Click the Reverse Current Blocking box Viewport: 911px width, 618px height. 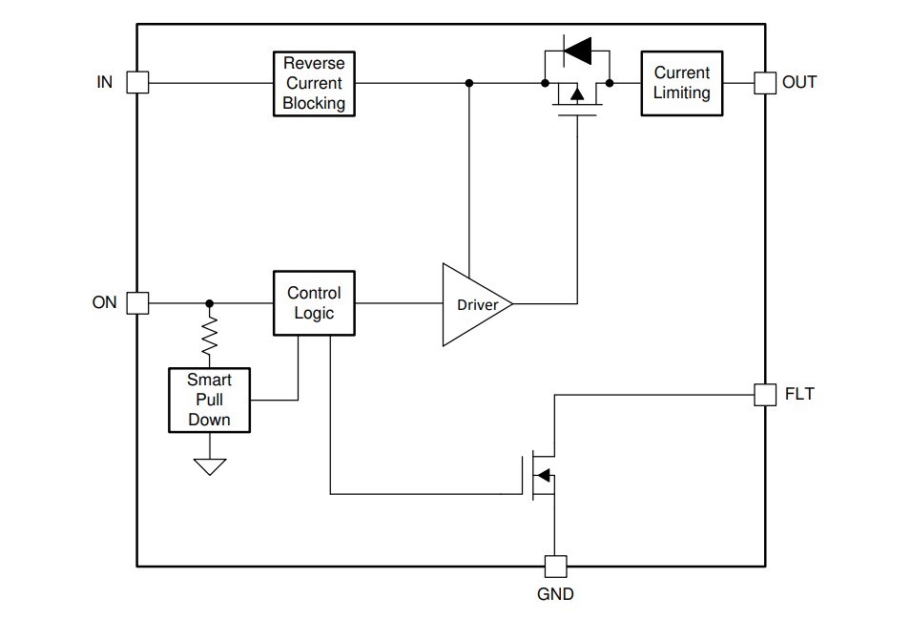pos(314,84)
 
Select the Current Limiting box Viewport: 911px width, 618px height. pos(681,84)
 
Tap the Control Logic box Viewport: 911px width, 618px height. pos(314,303)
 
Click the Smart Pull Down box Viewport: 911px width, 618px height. pos(209,400)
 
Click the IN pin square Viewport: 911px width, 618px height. pos(138,83)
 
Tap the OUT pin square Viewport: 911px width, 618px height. pos(764,83)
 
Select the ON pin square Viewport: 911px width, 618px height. pos(138,303)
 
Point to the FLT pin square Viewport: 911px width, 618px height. pos(764,394)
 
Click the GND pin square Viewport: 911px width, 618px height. pos(555,566)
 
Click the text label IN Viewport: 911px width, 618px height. pos(105,83)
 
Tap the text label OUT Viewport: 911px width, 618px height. pos(799,83)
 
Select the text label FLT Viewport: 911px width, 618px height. pos(799,394)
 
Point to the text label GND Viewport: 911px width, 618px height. pos(555,594)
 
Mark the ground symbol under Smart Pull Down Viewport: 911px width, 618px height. pos(210,465)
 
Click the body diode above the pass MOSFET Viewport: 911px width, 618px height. pos(576,48)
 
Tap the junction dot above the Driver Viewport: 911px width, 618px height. pos(468,83)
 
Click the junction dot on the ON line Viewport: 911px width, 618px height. pos(210,303)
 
